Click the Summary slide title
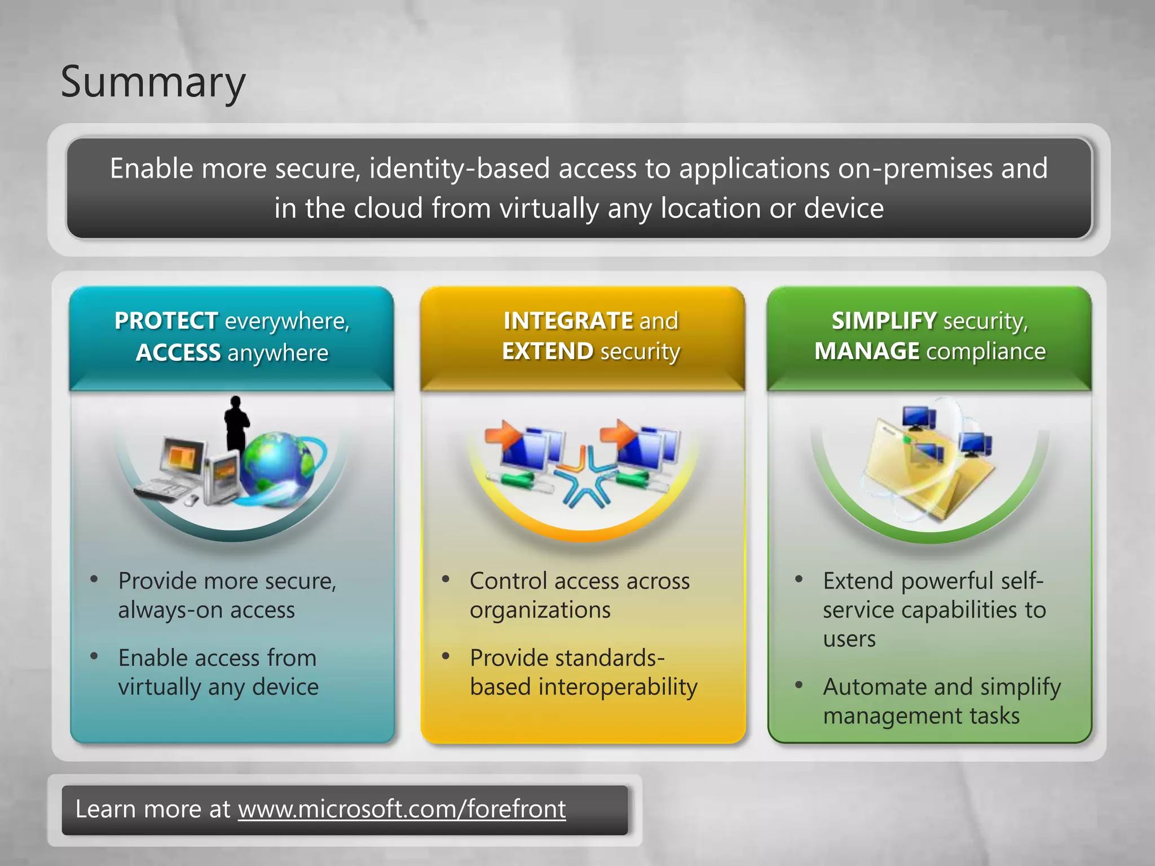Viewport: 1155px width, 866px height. click(x=153, y=82)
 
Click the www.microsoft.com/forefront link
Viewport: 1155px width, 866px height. click(x=402, y=809)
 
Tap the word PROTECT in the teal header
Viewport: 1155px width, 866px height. click(x=166, y=321)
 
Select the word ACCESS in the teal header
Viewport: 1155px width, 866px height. click(x=178, y=353)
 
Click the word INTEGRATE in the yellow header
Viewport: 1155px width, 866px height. click(x=568, y=321)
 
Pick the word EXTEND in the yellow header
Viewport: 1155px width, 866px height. click(x=547, y=351)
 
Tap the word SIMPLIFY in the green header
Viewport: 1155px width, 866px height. click(x=884, y=321)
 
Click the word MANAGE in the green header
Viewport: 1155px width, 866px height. click(x=867, y=351)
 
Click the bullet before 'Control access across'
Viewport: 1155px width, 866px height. click(x=446, y=579)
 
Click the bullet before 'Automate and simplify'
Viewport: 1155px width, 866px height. click(x=799, y=685)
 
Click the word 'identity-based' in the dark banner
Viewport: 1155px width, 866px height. click(x=459, y=169)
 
